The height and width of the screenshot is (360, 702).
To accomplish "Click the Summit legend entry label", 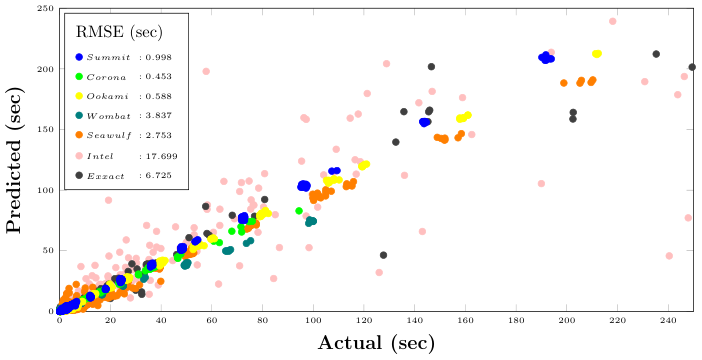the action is point(108,57).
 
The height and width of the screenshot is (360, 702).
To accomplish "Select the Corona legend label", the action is point(106,77).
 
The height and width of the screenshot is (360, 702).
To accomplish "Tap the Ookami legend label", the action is point(107,96).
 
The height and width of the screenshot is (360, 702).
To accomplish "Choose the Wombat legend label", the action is point(109,116).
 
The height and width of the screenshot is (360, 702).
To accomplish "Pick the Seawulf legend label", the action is point(109,135).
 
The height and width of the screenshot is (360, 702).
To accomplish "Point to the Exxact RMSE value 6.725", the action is point(158,176).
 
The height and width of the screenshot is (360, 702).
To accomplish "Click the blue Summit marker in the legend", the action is point(79,57).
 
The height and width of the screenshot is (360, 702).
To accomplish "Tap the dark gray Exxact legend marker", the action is point(79,176).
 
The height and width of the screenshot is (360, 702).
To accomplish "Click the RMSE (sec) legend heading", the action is point(119,32).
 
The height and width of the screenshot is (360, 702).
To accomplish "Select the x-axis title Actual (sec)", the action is point(376,343).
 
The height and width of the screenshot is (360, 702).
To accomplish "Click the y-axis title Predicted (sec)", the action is point(14,160).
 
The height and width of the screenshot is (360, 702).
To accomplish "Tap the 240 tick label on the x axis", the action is point(668,320).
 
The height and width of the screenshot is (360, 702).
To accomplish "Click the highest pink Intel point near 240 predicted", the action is point(613,21).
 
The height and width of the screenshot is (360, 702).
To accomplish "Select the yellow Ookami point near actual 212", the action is point(597,54).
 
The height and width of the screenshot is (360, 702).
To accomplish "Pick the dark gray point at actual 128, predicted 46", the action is point(383,255).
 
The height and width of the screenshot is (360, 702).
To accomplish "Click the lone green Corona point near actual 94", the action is point(299,211).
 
